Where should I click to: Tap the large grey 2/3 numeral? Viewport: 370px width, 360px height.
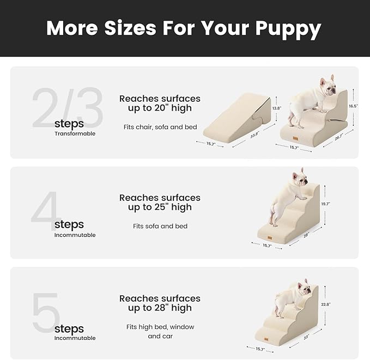(67, 107)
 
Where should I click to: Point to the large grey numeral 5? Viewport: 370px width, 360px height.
(46, 313)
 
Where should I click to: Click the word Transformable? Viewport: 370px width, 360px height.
(75, 133)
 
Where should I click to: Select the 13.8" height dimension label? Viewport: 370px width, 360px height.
(276, 108)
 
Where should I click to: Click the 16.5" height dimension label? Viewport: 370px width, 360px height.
(354, 106)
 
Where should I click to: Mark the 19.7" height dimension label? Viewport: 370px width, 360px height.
(326, 204)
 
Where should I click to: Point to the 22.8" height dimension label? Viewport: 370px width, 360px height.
(326, 304)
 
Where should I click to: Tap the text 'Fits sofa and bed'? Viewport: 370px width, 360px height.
(160, 226)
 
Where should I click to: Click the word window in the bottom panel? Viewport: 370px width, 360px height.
(182, 327)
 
